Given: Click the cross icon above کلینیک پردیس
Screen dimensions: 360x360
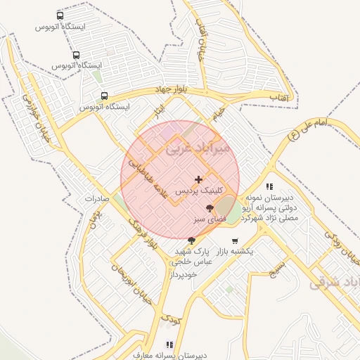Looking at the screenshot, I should click(199, 179).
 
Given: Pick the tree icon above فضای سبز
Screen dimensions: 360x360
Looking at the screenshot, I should click(210, 208).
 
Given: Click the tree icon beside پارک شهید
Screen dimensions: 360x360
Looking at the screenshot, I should click(191, 240).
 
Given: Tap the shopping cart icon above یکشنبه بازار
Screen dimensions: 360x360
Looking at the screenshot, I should click(235, 240).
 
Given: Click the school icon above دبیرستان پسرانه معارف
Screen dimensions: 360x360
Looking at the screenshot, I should click(169, 345).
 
